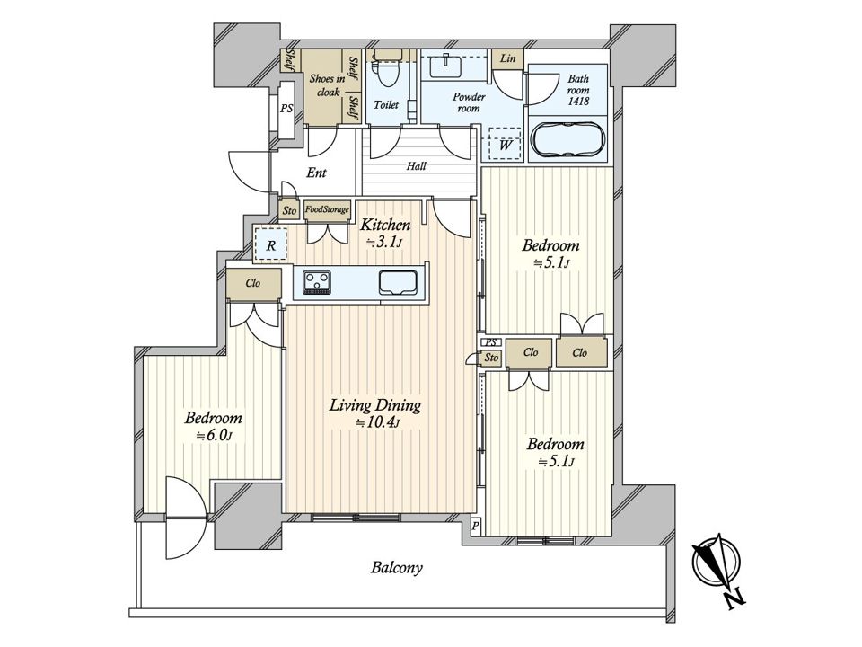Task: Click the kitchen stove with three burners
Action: point(315,283)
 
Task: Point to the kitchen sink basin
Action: point(396,282)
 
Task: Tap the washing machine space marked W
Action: point(505,144)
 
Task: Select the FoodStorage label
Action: point(327,209)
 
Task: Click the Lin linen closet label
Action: point(507,58)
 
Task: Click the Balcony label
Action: point(396,567)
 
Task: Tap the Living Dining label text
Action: point(375,405)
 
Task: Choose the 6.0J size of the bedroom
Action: point(215,436)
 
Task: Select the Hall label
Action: point(416,165)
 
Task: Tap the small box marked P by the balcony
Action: point(476,526)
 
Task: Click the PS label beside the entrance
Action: point(286,109)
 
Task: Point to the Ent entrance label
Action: point(316,173)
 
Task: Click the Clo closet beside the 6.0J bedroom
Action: point(253,284)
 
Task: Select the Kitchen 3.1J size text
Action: point(384,242)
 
